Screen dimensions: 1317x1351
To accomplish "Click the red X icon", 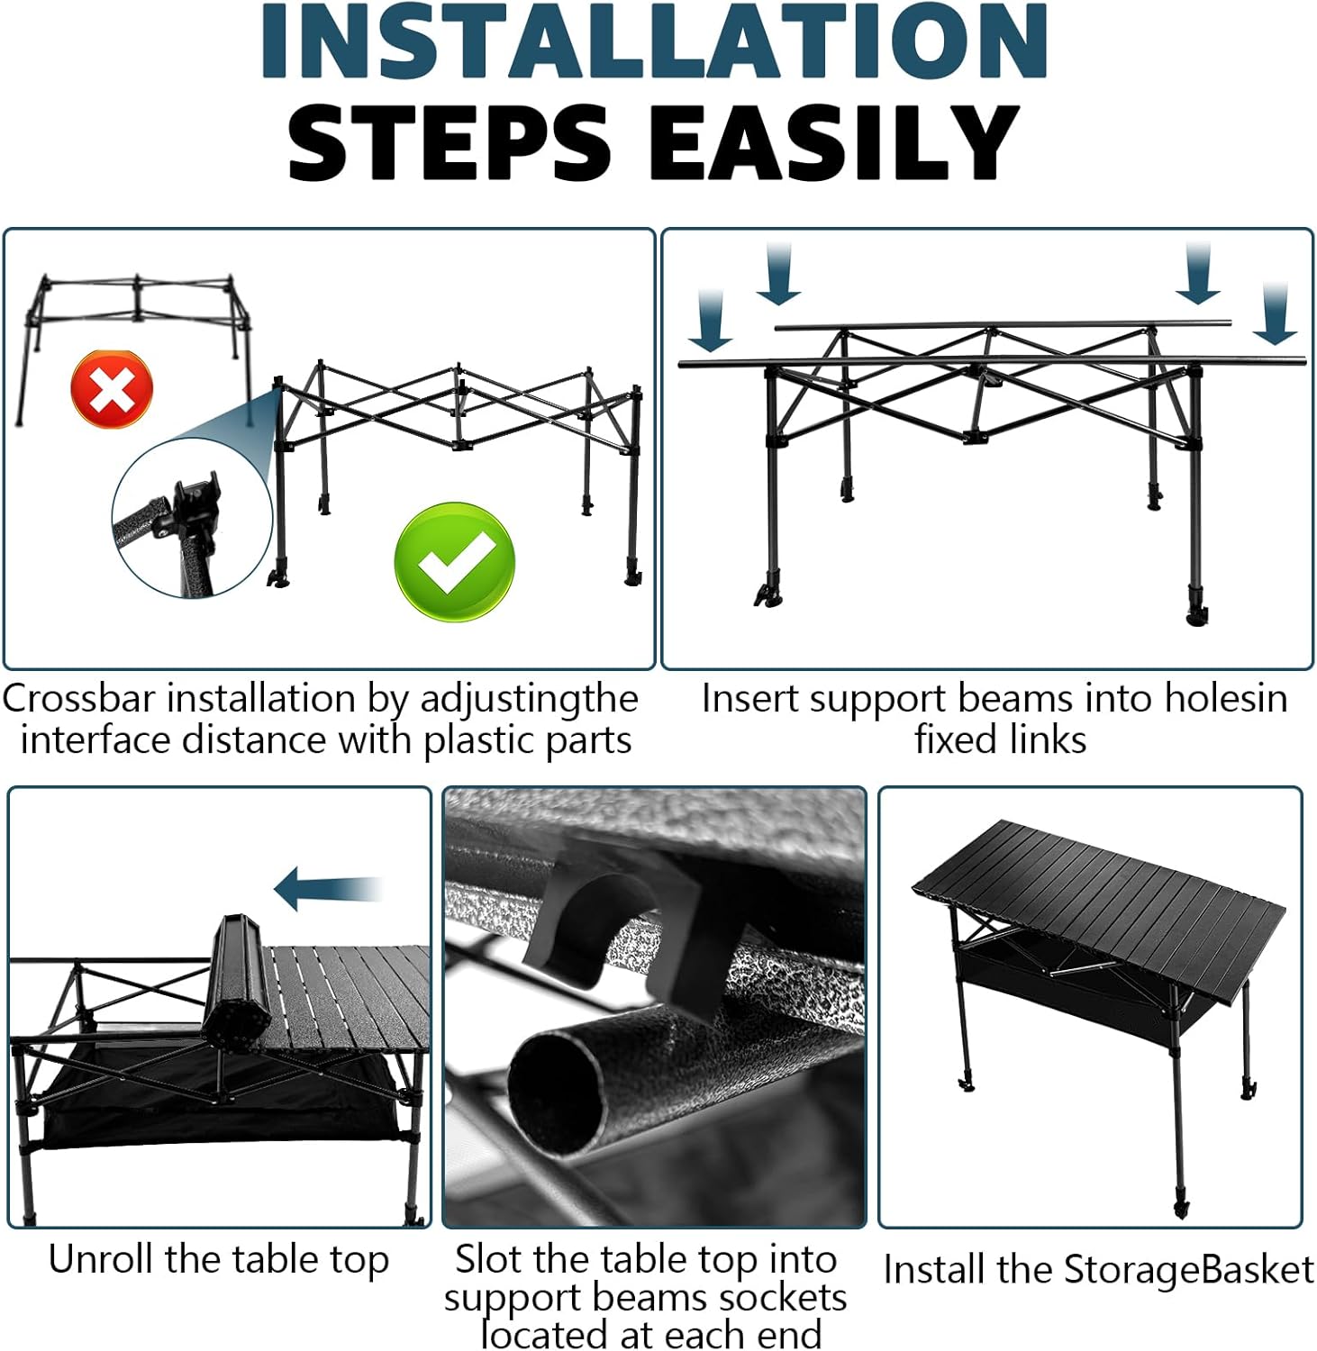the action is pos(112,390).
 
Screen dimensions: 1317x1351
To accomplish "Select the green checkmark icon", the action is pos(455,560).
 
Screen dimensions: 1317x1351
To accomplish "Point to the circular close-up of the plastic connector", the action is pos(192,519).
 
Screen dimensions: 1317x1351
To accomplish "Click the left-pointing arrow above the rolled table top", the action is pos(328,889).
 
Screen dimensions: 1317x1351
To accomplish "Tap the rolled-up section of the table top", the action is pos(237,984).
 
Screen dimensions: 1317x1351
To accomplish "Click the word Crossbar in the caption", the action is pos(78,698).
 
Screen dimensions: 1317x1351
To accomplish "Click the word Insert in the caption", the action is pos(749,698).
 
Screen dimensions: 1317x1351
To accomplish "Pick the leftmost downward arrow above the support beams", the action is pos(711,321).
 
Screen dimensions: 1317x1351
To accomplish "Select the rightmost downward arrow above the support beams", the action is pos(1276,313).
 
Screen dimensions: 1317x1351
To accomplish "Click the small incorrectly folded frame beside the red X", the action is pos(135,347).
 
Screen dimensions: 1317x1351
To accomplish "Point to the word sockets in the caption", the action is pos(780,1298).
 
